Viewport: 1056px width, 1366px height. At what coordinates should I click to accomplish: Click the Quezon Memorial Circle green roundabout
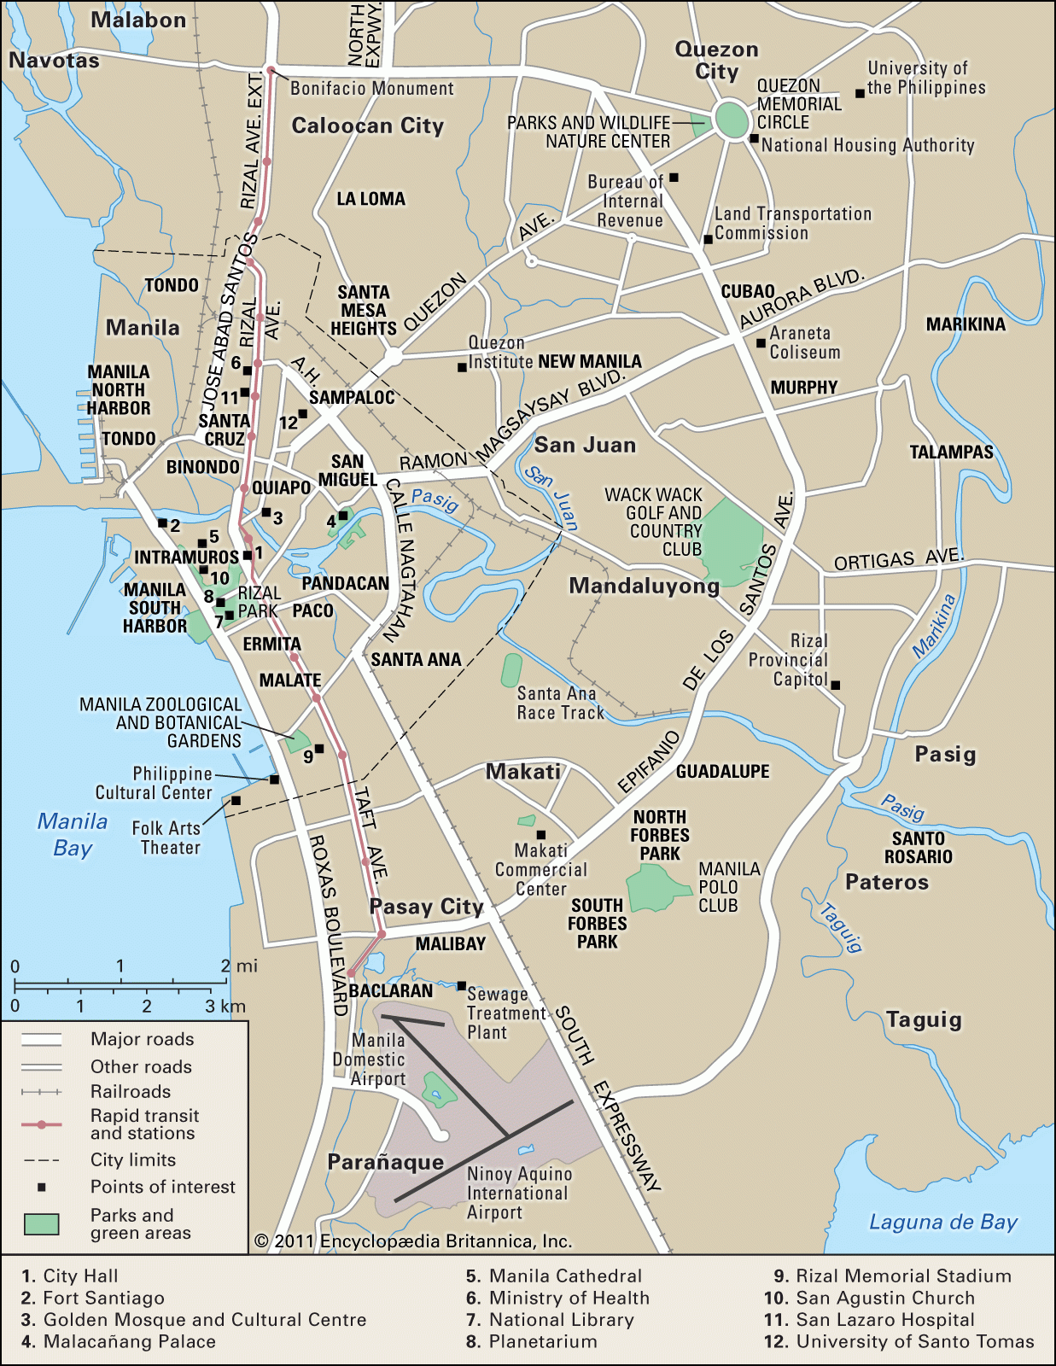(732, 120)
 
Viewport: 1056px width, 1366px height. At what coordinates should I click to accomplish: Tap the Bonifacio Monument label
(372, 89)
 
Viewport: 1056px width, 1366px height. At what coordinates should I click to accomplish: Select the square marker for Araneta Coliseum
(761, 343)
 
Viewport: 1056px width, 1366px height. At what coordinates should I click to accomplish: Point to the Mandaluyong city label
(645, 587)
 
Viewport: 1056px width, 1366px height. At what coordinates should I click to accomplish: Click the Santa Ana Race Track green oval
(511, 670)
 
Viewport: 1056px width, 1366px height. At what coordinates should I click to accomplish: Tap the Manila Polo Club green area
(656, 889)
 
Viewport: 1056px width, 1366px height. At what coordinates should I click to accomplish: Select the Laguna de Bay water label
(942, 1223)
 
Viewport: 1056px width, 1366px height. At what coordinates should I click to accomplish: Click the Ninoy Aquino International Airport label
(518, 1194)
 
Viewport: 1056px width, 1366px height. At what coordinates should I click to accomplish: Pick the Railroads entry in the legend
(130, 1092)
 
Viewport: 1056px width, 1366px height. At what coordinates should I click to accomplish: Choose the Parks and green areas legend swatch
(41, 1224)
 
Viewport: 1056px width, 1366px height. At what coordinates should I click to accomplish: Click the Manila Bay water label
(73, 834)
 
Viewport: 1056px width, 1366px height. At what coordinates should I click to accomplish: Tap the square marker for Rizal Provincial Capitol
(836, 685)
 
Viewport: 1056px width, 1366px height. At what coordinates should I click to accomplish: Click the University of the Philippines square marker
(860, 93)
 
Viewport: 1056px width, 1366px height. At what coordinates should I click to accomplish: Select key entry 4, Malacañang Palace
(120, 1341)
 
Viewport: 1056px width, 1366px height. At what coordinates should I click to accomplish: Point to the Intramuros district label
(186, 557)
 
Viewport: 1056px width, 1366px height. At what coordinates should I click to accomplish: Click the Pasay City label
(426, 907)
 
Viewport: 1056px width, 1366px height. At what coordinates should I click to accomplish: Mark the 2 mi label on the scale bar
(238, 966)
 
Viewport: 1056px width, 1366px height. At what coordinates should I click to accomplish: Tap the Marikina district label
(966, 324)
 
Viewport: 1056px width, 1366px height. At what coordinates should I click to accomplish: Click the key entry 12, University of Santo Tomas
(899, 1341)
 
